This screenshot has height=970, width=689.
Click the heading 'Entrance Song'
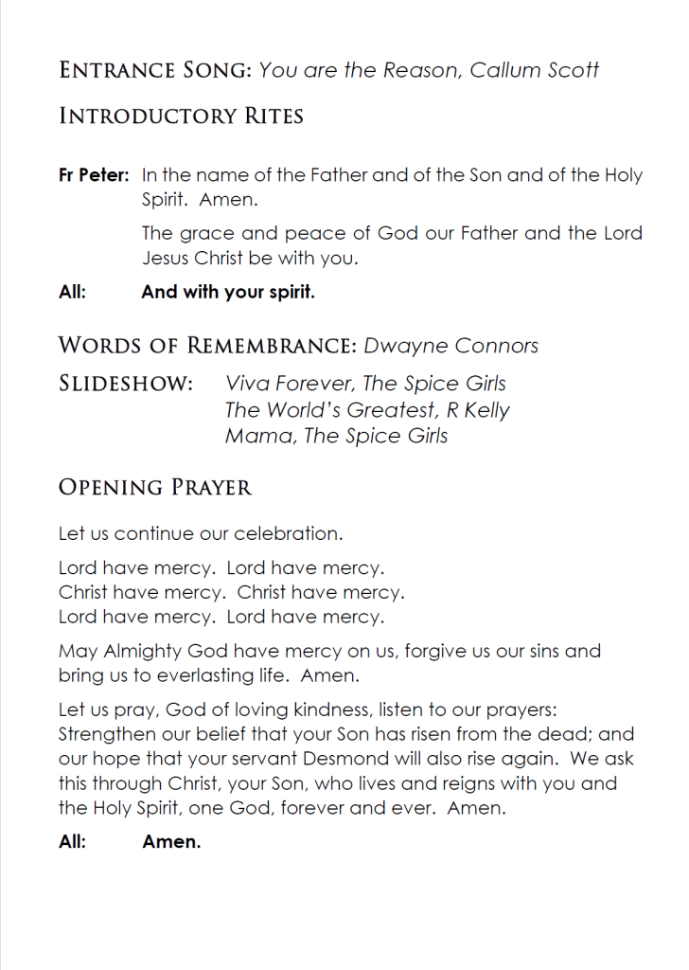tap(155, 70)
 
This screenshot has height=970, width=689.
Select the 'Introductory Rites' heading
tap(181, 117)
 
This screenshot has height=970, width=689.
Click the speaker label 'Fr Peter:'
tap(94, 175)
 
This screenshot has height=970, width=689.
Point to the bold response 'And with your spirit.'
tap(228, 293)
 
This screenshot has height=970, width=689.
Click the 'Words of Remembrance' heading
tap(207, 346)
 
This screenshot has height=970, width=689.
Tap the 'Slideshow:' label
tap(127, 384)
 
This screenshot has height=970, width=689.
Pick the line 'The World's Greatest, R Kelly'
tap(367, 410)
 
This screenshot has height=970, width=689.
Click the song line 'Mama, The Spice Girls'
tap(336, 436)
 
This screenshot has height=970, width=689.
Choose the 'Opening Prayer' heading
tap(155, 488)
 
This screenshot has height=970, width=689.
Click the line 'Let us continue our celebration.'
tap(201, 534)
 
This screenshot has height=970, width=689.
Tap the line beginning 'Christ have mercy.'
tap(231, 593)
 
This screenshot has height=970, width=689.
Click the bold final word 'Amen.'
tap(171, 842)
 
